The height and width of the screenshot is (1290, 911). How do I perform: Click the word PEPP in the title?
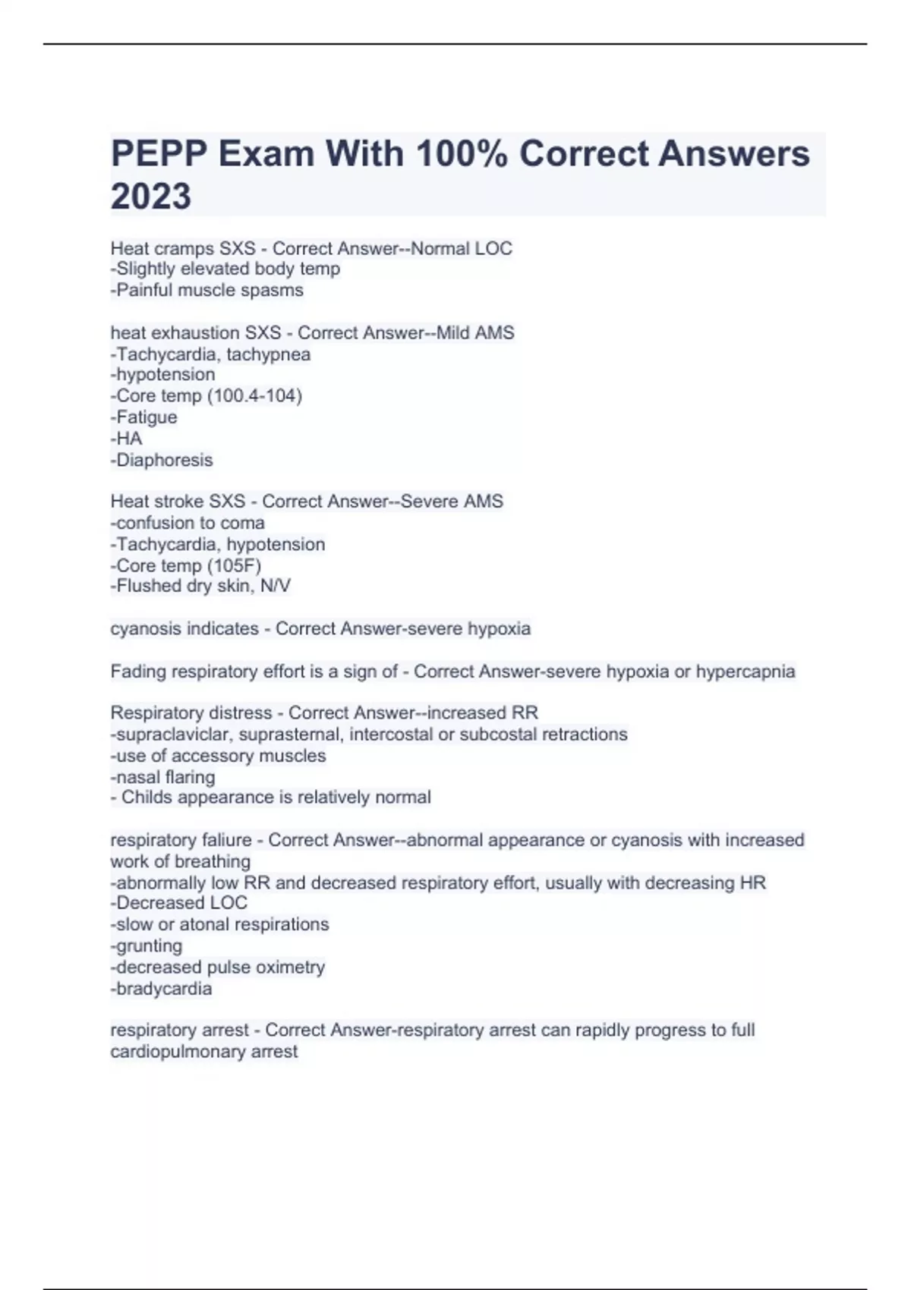(x=159, y=154)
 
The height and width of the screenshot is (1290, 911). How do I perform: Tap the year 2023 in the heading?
(x=150, y=197)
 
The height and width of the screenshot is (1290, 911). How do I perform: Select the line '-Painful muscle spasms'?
(x=206, y=291)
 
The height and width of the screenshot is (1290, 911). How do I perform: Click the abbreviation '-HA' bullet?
(x=126, y=439)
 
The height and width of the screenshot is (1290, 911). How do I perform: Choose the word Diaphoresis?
(x=164, y=460)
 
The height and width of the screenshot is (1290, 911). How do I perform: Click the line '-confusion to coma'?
(x=188, y=523)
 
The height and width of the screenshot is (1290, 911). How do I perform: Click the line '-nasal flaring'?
(x=162, y=777)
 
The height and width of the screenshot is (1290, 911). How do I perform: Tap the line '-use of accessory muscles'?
(x=218, y=756)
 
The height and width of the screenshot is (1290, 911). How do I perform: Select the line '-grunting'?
(x=147, y=945)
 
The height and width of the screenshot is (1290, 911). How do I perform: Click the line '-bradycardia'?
(x=161, y=989)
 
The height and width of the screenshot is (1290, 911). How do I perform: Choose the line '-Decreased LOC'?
(x=178, y=903)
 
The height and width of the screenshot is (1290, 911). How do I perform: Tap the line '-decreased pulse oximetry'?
(x=217, y=967)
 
